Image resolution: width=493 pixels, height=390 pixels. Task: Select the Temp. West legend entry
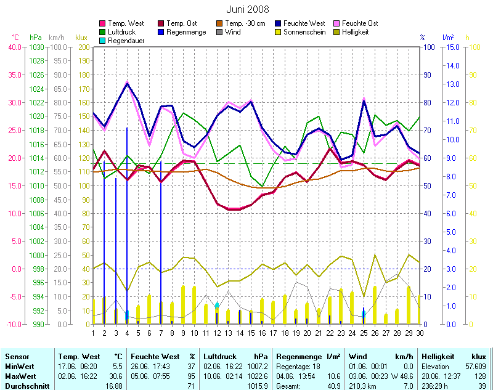pyautogui.click(x=125, y=23)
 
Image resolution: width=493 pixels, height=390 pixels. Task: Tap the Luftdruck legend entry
pyautogui.click(x=123, y=31)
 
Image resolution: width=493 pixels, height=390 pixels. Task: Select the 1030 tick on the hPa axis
pyautogui.click(x=36, y=47)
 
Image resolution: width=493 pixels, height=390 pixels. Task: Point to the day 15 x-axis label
pyautogui.click(x=251, y=333)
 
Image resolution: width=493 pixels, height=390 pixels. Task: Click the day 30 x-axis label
pyautogui.click(x=420, y=333)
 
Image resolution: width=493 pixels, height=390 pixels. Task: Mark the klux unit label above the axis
pyautogui.click(x=81, y=38)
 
